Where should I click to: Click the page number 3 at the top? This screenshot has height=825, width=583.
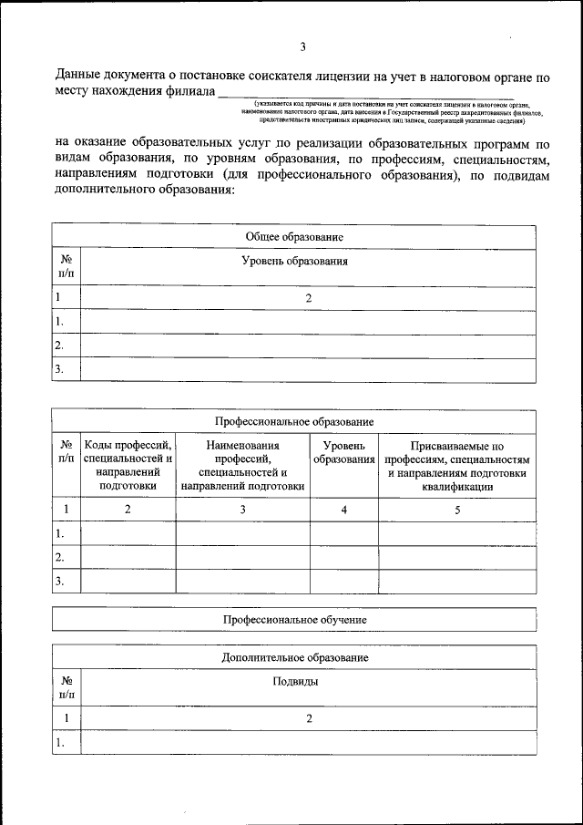click(302, 47)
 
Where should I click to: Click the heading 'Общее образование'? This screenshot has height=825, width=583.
click(293, 236)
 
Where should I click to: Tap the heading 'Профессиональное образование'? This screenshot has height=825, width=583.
click(293, 422)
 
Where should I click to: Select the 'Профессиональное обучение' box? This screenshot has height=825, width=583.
click(293, 619)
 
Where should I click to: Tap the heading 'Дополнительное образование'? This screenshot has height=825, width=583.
click(293, 657)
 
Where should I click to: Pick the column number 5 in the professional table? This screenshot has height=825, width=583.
click(456, 510)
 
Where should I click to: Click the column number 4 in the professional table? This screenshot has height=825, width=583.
click(344, 510)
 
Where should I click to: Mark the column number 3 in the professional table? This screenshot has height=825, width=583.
click(242, 510)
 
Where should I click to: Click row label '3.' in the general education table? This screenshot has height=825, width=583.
click(59, 369)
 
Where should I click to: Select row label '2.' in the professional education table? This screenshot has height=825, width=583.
click(59, 557)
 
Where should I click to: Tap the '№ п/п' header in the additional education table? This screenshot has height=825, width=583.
click(66, 688)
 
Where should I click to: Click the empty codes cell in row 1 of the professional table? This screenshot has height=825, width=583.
click(128, 533)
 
